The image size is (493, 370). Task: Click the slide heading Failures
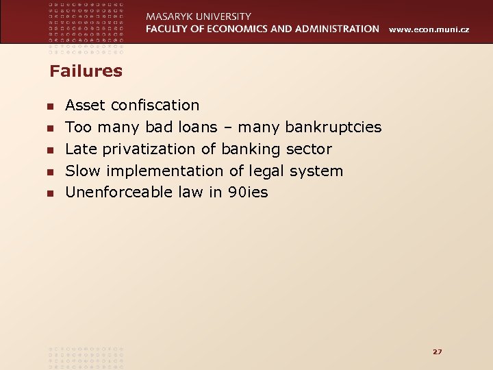[x=86, y=71]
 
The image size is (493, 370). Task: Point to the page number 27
[x=438, y=351]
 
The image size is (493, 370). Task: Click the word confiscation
[x=155, y=105]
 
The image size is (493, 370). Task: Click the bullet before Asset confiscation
[x=49, y=106]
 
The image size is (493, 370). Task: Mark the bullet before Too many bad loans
[x=49, y=128]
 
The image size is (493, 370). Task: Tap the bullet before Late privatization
[x=49, y=150]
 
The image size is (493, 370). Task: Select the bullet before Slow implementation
[x=49, y=172]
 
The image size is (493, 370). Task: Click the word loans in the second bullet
[x=199, y=127]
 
